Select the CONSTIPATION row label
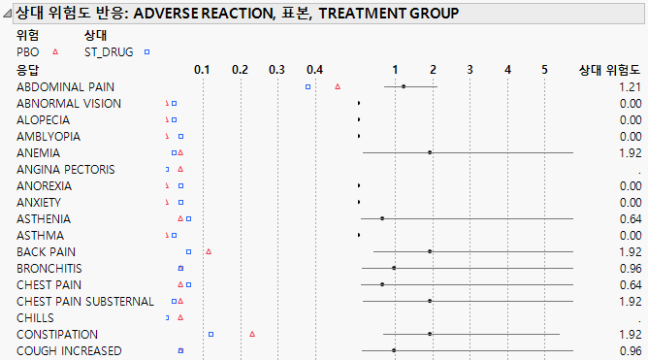pyautogui.click(x=57, y=334)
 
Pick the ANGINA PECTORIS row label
pyautogui.click(x=66, y=170)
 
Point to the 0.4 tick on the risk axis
pyautogui.click(x=313, y=70)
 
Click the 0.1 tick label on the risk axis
pyautogui.click(x=202, y=70)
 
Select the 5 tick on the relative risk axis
pyautogui.click(x=544, y=70)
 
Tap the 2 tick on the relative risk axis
pyautogui.click(x=433, y=70)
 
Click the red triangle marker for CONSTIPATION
pyautogui.click(x=252, y=334)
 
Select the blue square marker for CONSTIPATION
pyautogui.click(x=211, y=334)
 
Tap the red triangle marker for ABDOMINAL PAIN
pyautogui.click(x=338, y=87)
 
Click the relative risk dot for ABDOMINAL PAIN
pyautogui.click(x=404, y=87)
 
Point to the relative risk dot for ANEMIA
pyautogui.click(x=430, y=152)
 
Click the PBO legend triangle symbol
pyautogui.click(x=55, y=51)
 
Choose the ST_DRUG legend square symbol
pyautogui.click(x=146, y=51)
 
